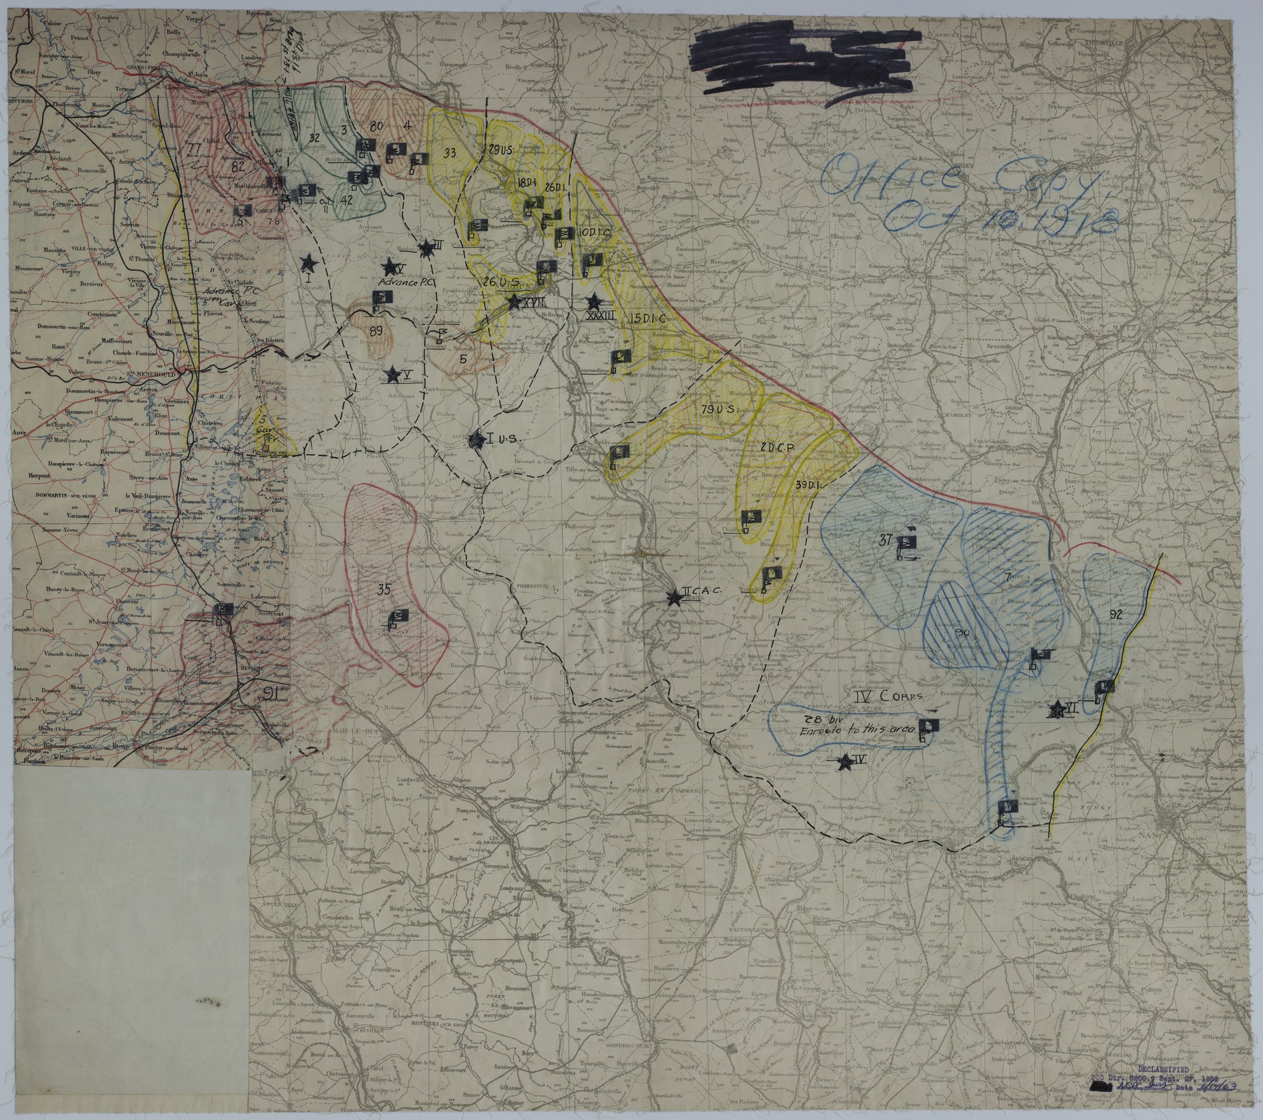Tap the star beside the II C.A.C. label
pyautogui.click(x=676, y=597)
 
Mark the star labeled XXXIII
pyautogui.click(x=592, y=302)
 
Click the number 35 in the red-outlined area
pyautogui.click(x=383, y=589)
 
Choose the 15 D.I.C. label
pyautogui.click(x=648, y=319)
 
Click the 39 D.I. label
pyautogui.click(x=810, y=485)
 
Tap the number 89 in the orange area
pyautogui.click(x=376, y=331)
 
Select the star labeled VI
pyautogui.click(x=1056, y=711)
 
